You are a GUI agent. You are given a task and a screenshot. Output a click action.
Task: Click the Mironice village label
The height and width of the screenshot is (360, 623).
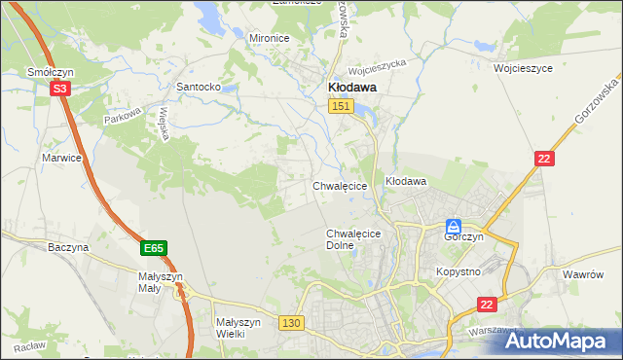pos(270,38)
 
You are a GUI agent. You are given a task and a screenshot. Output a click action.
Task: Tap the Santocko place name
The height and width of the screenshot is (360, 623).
pos(198,87)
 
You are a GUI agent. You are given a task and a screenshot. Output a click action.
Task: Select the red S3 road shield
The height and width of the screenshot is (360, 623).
pos(60,89)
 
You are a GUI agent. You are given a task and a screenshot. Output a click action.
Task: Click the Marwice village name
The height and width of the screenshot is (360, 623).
pos(59,157)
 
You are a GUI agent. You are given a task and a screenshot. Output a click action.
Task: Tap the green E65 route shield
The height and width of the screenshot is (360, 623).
pos(153,249)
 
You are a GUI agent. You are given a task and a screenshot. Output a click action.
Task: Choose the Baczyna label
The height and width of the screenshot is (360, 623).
pos(68,247)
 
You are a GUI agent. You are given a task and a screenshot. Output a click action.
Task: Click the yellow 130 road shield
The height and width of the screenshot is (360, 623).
pos(290,322)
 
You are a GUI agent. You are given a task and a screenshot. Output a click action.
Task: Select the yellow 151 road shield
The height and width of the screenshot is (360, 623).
pos(339,106)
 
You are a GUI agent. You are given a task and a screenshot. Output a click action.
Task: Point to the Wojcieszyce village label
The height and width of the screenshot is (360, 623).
pos(523,69)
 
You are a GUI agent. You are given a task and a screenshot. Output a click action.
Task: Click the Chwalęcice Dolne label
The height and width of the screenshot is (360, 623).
pos(352,239)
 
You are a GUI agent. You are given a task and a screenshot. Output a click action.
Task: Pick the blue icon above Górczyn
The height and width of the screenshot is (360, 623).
pos(454,225)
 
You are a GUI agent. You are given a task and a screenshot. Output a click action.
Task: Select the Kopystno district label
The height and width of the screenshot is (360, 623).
pos(458,271)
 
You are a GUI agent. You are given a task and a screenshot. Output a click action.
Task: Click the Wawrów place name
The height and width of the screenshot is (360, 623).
pos(585,274)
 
